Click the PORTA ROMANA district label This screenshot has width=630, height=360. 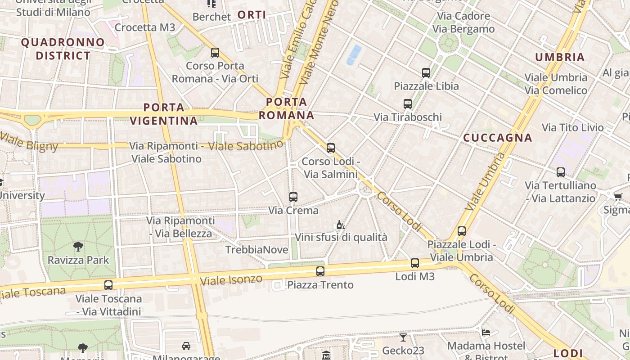pyautogui.click(x=286, y=108)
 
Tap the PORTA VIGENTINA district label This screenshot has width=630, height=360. pyautogui.click(x=164, y=114)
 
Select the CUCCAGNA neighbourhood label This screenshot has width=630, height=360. pyautogui.click(x=497, y=138)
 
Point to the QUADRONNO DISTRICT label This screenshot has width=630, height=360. pyautogui.click(x=63, y=49)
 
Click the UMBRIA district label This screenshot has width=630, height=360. pyautogui.click(x=560, y=57)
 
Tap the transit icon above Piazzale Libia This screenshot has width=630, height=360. pyautogui.click(x=426, y=72)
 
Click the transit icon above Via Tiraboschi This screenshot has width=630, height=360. pyautogui.click(x=408, y=104)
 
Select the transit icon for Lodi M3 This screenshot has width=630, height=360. pyautogui.click(x=415, y=263)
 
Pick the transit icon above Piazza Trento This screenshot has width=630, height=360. pyautogui.click(x=320, y=271)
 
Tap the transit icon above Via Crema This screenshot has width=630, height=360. pyautogui.click(x=293, y=197)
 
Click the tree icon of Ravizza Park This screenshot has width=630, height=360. pyautogui.click(x=78, y=246)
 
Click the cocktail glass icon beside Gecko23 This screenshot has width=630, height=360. pyautogui.click(x=403, y=337)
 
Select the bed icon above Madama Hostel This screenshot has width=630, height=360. pyautogui.click(x=486, y=333)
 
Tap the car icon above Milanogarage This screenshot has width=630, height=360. pyautogui.click(x=186, y=346)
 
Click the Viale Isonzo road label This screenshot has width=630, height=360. pyautogui.click(x=231, y=280)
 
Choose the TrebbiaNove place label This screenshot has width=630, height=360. pyautogui.click(x=256, y=250)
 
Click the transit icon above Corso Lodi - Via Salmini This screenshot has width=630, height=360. pyautogui.click(x=331, y=148)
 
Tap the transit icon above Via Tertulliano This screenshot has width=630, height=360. pyautogui.click(x=561, y=172)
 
